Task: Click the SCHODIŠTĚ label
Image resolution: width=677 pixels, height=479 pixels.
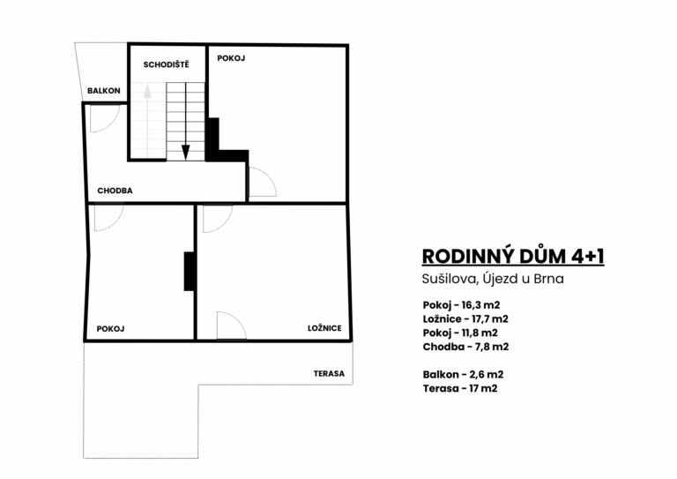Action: coord(167,64)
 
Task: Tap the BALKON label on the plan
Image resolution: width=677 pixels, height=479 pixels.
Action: coord(104,91)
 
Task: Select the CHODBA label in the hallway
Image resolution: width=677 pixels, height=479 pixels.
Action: coord(115,191)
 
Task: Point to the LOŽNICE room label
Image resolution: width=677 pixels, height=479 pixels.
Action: coord(324,328)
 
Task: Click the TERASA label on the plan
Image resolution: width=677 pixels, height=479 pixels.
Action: coord(329,374)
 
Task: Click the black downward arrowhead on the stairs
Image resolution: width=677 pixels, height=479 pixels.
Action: coord(186,152)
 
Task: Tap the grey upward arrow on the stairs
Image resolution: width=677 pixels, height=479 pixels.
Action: coord(148,121)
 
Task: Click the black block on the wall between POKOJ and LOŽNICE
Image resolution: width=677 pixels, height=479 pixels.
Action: coord(190,271)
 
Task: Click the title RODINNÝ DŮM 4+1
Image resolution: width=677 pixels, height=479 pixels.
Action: coord(513,256)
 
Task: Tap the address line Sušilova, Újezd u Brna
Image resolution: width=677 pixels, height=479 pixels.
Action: coord(493,279)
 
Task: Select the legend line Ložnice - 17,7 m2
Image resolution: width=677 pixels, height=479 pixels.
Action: coord(465,318)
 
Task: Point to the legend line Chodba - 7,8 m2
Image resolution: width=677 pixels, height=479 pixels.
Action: coord(465,347)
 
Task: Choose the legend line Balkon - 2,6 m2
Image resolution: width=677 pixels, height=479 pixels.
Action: coord(464,374)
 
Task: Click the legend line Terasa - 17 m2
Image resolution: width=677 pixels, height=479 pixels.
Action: coord(460,388)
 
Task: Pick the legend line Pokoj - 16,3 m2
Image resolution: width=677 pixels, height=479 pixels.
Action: coord(461,305)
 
